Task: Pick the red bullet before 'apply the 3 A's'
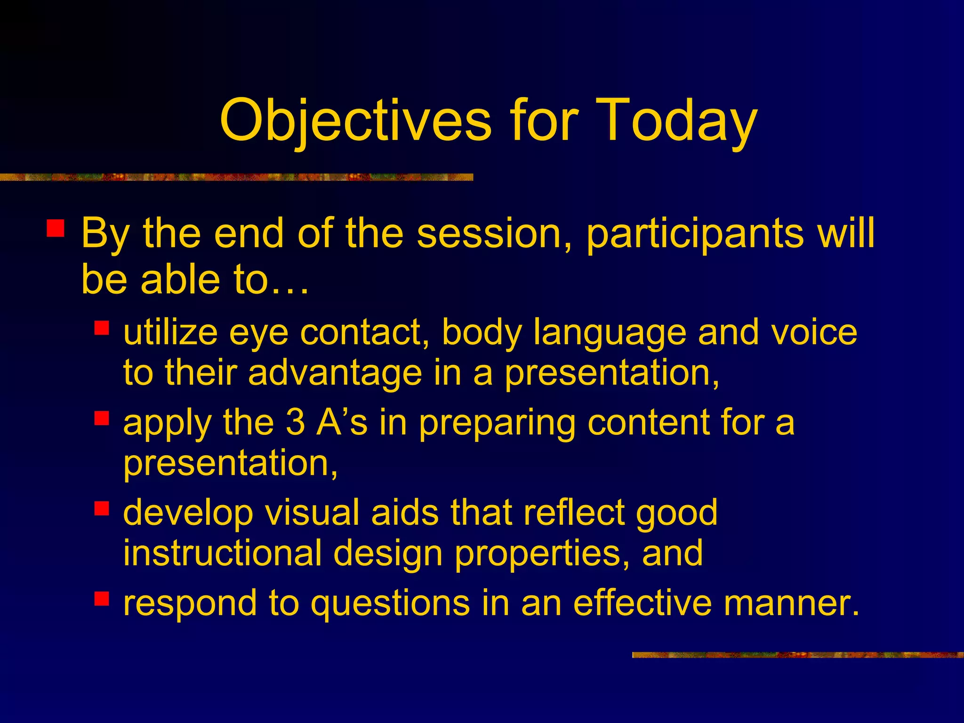102,418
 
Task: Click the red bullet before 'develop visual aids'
102,508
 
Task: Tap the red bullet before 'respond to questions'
102,598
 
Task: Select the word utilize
170,332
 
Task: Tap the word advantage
335,373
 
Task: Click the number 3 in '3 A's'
295,422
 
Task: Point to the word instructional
222,553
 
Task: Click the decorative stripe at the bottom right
797,655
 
